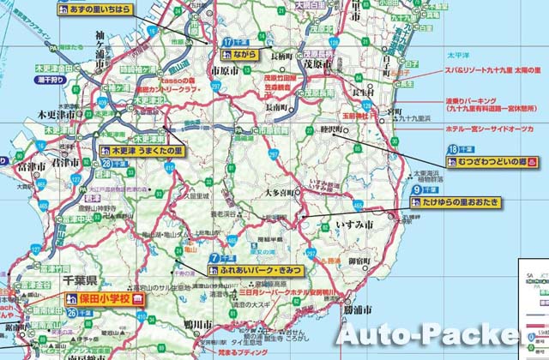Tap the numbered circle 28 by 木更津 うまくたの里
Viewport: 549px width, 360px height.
click(x=106, y=163)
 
